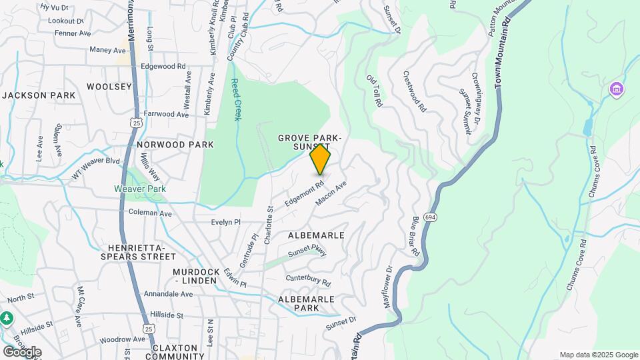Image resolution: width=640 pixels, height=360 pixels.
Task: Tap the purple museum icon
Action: coord(616,89)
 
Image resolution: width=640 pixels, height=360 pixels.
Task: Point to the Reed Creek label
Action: coord(235,99)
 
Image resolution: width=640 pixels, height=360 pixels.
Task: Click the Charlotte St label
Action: coord(269,225)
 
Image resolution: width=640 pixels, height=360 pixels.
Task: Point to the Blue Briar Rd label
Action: coord(415,236)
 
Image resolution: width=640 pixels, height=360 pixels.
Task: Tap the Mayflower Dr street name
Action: coord(389,286)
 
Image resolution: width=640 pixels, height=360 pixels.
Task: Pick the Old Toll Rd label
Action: coord(374,90)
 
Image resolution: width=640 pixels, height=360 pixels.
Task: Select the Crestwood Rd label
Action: coord(413,91)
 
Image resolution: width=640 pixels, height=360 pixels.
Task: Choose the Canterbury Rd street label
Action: coord(308,280)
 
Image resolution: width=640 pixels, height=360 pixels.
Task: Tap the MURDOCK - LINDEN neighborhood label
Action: coord(195,276)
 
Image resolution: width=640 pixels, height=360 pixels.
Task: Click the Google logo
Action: coord(21,351)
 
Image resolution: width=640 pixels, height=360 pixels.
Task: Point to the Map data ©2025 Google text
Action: coord(599,355)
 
